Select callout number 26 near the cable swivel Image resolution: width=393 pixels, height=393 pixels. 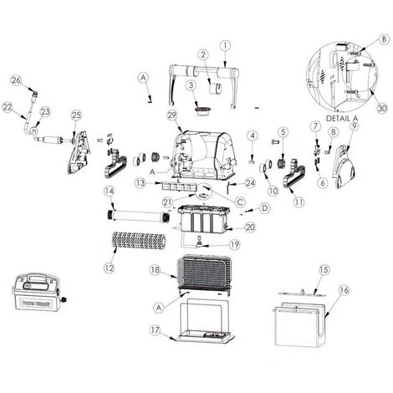coord(14,79)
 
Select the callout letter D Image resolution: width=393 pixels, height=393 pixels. coord(263,207)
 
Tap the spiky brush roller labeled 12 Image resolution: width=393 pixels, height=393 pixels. coord(138,243)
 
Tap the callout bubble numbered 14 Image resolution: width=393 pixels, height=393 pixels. coord(108,191)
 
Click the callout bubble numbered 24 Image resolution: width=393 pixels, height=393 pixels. coord(248,182)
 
